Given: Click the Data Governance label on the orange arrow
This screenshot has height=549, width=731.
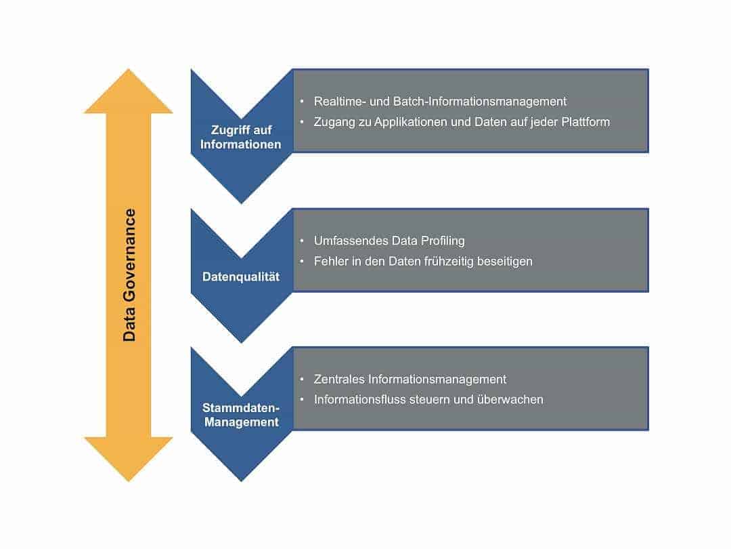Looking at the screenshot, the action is [129, 275].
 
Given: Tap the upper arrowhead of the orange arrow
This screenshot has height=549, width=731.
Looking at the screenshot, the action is [128, 91].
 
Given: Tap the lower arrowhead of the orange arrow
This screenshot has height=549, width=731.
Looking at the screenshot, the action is [128, 460].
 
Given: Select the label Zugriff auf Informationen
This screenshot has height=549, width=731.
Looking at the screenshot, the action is [240, 137].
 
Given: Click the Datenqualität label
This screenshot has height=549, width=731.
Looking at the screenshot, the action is [241, 277].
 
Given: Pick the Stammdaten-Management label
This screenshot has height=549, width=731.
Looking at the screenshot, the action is [241, 415].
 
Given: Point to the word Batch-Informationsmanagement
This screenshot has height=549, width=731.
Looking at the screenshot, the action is [480, 102].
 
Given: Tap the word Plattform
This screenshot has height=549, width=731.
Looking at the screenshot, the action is [585, 122].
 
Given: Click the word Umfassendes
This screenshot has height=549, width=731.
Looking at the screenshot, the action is [350, 241].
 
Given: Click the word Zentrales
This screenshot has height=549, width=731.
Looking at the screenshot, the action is [339, 379].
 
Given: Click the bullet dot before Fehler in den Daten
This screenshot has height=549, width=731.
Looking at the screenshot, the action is [302, 262].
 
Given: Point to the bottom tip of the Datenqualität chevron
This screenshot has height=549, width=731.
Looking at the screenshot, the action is [241, 343].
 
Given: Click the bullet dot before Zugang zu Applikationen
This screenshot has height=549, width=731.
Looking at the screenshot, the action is [302, 122].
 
